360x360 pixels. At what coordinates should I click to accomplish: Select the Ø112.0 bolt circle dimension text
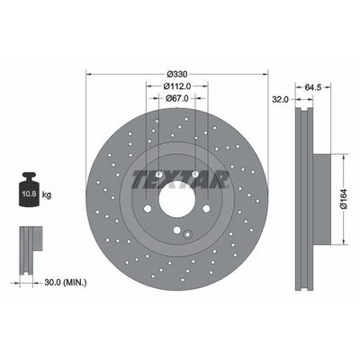click(x=177, y=86)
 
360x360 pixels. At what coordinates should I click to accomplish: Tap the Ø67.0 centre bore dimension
click(x=177, y=100)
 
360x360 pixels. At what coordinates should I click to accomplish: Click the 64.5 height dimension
click(x=314, y=86)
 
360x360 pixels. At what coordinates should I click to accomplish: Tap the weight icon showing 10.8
click(x=27, y=193)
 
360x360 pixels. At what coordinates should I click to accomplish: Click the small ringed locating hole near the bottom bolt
click(x=186, y=237)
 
